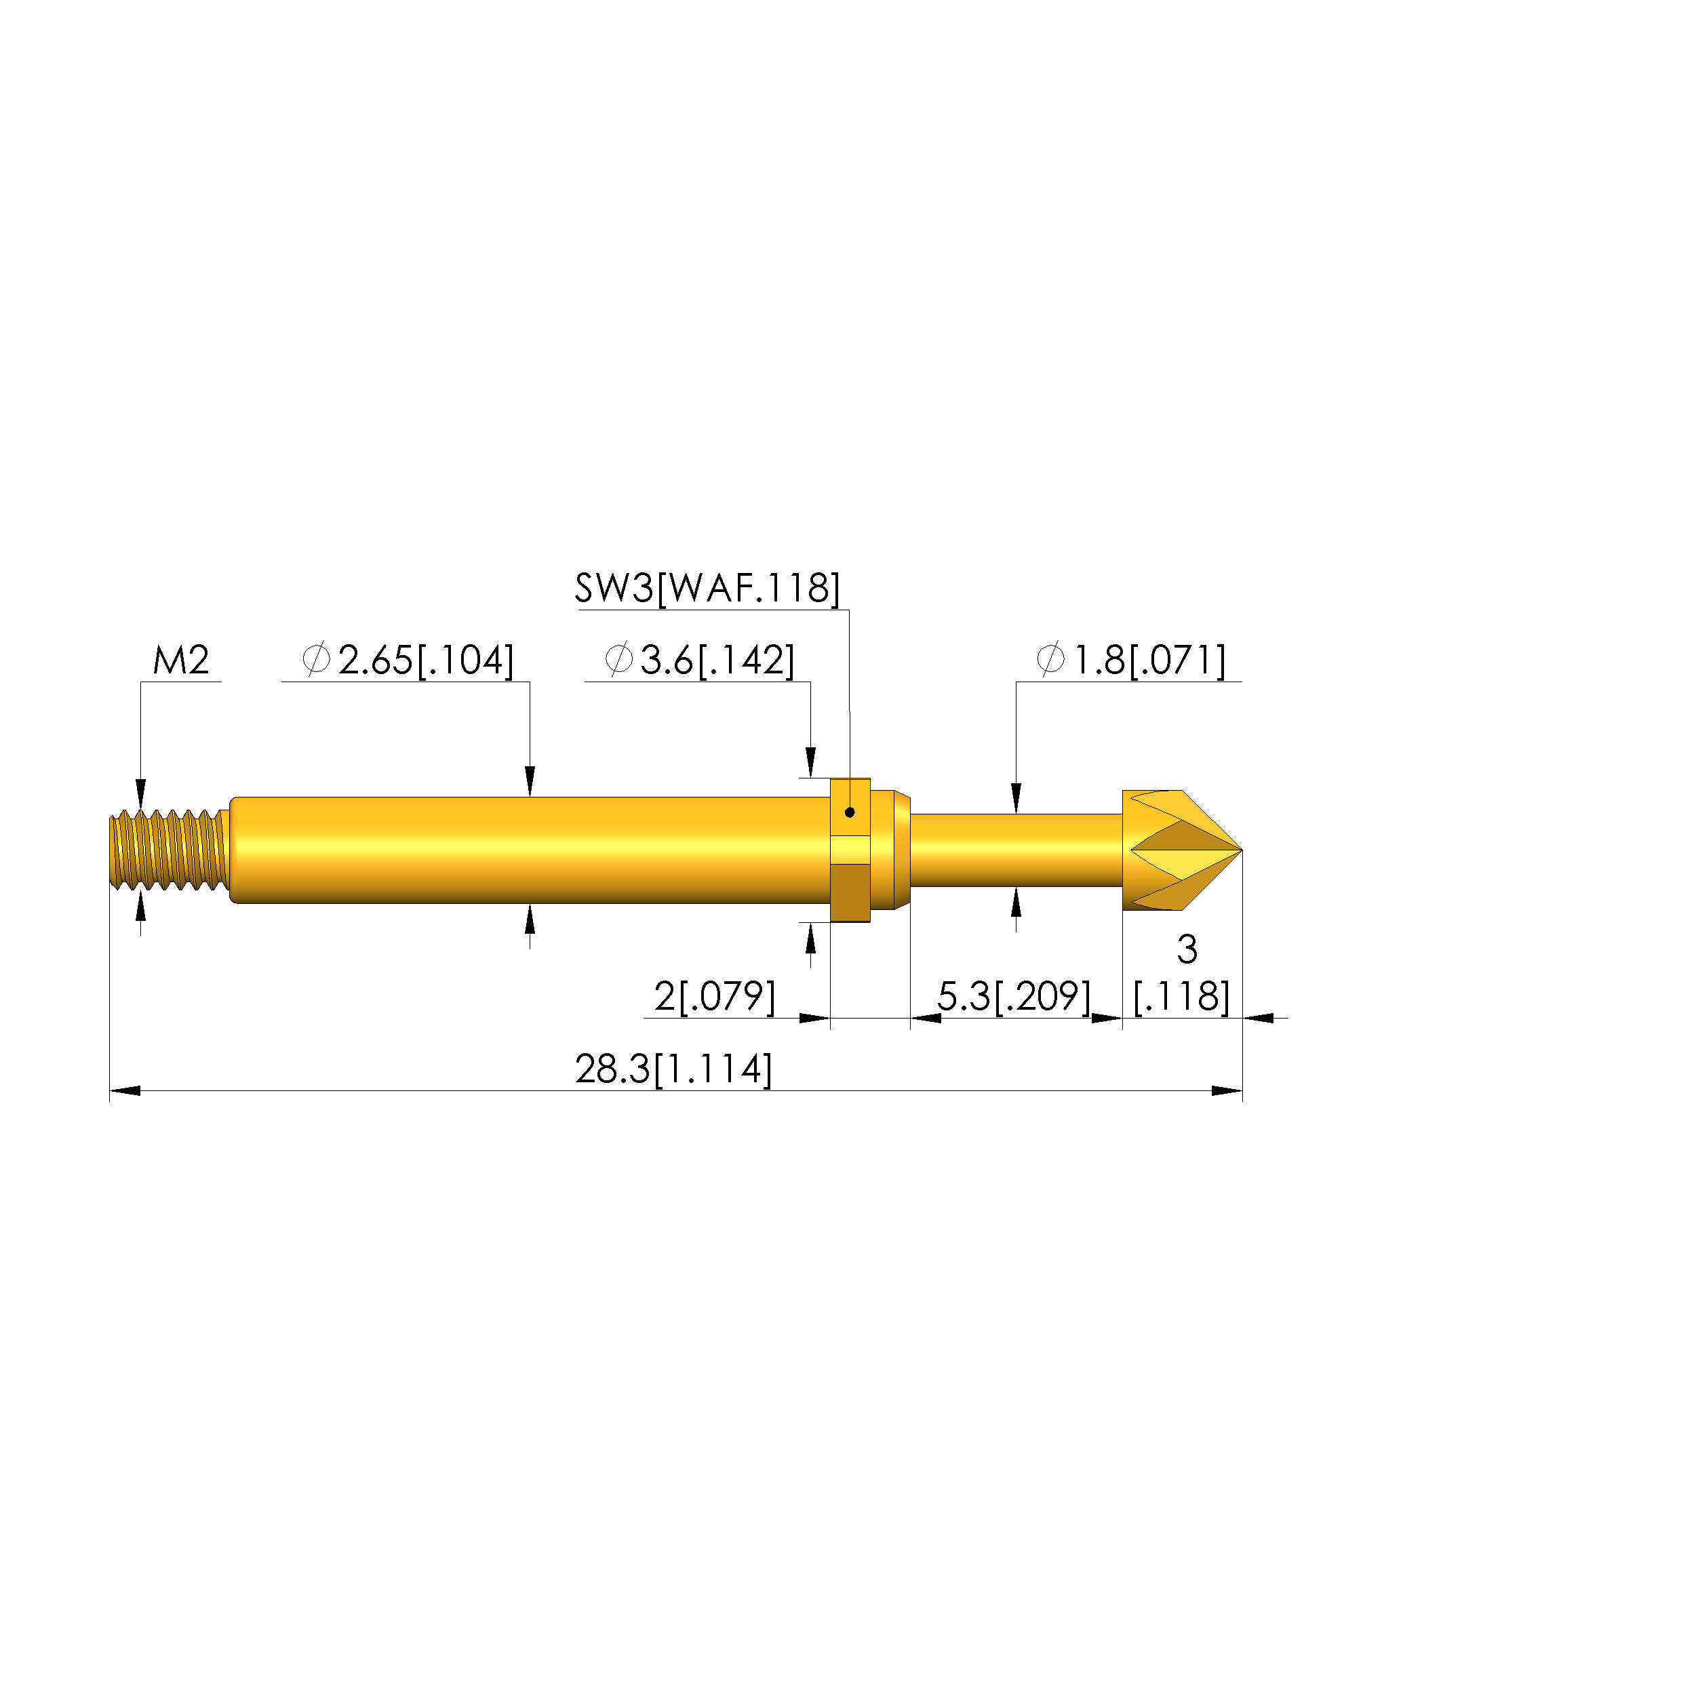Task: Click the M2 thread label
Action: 181,660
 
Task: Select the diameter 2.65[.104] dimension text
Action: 408,660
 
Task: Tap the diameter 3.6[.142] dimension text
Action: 700,660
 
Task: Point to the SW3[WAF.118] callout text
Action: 707,588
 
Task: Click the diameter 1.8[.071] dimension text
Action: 1131,660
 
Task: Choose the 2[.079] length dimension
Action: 715,997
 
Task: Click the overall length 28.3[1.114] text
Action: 674,1069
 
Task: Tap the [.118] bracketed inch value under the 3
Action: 1181,997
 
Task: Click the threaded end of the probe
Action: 167,850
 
